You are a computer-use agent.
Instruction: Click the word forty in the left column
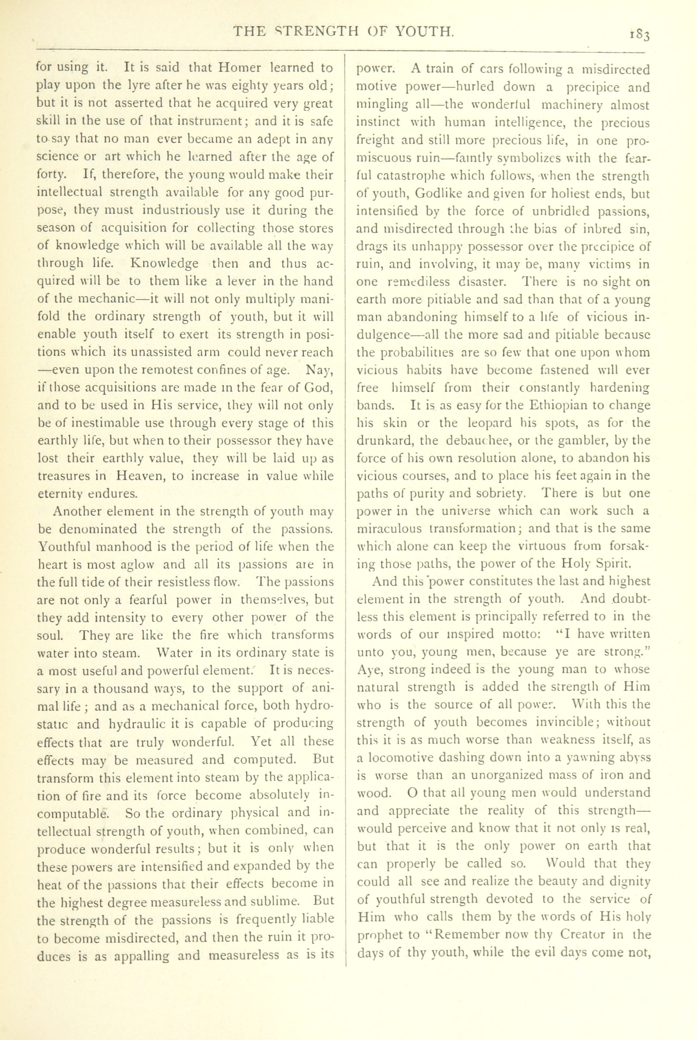pyautogui.click(x=51, y=175)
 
